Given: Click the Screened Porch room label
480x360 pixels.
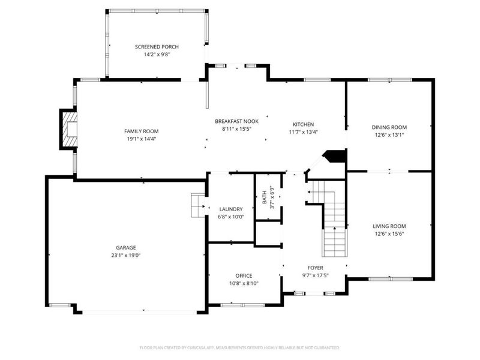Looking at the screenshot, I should tap(157, 47).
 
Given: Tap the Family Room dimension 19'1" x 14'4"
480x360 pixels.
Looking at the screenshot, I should tap(141, 139).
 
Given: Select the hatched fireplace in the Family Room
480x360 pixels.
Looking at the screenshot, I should tap(69, 128).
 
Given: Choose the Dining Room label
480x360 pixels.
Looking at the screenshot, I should tap(389, 127).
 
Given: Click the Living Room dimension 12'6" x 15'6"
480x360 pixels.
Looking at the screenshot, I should tap(389, 234).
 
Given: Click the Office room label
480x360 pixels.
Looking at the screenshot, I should tap(244, 276).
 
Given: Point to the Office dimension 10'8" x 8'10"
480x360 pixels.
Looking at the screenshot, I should tap(244, 284).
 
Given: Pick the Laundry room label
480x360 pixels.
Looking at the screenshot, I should tap(231, 209).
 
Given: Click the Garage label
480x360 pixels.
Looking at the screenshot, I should tap(126, 247).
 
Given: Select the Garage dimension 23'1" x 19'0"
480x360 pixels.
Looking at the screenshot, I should tap(126, 255).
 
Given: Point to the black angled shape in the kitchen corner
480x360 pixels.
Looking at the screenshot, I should tap(334, 157).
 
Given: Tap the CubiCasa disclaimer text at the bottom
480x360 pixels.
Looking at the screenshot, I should tap(240, 347).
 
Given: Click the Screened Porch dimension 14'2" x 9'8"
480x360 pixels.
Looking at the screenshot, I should tap(157, 55).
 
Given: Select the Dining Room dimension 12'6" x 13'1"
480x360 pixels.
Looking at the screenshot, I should tap(389, 135).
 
